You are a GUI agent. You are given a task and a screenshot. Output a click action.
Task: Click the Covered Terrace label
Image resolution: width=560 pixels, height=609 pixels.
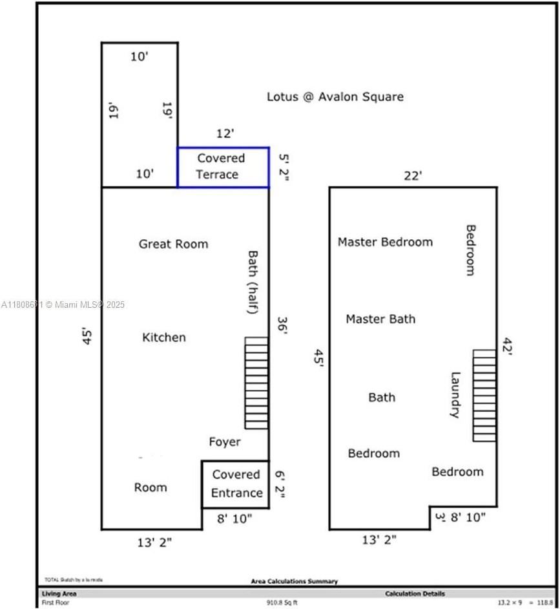221,166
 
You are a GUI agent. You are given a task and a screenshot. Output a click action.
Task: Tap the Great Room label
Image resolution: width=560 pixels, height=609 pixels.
174,244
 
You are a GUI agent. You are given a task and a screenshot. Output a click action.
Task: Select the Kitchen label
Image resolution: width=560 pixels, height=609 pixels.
164,337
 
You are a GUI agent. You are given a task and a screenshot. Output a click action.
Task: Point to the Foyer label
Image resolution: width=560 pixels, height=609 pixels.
225,442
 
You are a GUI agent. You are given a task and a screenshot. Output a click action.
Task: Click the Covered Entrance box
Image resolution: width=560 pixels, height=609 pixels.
236,484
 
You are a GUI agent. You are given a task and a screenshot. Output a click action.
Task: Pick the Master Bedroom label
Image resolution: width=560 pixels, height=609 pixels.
385,242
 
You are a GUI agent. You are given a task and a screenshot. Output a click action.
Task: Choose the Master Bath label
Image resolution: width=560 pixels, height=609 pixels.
380,319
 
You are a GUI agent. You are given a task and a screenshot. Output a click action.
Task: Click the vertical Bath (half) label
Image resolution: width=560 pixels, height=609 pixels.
253,283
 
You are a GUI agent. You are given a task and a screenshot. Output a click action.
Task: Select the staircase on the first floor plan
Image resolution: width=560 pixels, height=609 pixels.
256,382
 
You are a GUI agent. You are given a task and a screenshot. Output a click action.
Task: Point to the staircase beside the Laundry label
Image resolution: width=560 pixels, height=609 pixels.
484,395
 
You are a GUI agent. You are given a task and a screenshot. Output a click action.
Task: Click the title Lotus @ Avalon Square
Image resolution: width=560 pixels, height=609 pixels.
335,96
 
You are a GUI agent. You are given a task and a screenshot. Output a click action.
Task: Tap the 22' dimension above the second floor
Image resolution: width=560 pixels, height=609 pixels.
413,175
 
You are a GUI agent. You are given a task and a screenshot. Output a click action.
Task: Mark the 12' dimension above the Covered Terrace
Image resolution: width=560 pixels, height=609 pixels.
225,134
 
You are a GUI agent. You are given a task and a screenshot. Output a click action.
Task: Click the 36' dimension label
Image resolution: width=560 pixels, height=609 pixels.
282,325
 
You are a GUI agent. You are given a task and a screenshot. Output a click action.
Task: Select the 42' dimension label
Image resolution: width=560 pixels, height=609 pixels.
506,347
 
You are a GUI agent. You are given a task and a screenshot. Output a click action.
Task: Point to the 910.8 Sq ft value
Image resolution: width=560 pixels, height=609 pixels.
282,602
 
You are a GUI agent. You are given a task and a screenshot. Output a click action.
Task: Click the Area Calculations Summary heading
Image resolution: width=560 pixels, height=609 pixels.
294,582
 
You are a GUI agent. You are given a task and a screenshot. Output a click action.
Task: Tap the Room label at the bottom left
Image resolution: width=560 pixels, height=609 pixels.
150,487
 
